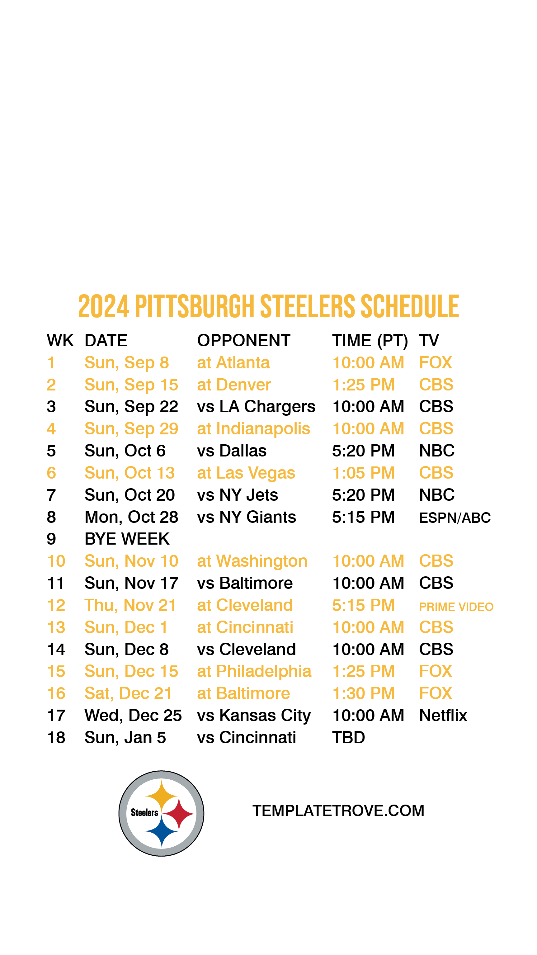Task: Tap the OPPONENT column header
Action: pos(243,340)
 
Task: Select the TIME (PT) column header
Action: pos(370,341)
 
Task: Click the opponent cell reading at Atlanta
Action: pos(233,362)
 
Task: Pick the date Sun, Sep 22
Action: pos(131,407)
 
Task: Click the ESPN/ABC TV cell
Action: pos(455,518)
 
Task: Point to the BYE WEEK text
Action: pos(127,539)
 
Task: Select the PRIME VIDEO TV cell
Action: pos(456,607)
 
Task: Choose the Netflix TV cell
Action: pos(443,716)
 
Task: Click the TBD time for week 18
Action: pos(348,738)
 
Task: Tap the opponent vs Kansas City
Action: pos(254,716)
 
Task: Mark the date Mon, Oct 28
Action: pos(131,518)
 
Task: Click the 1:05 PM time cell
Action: pos(363,473)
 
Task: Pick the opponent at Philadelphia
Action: pos(254,672)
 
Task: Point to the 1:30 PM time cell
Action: pos(363,694)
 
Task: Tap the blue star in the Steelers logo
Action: pos(162,831)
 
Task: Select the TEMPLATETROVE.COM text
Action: pos(338,811)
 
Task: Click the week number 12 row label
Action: pos(56,605)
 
